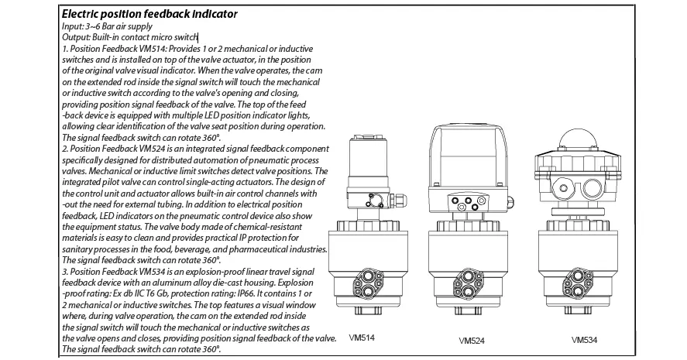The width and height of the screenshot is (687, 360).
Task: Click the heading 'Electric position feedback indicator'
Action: [149, 14]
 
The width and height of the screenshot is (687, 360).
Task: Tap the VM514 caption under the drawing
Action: [362, 338]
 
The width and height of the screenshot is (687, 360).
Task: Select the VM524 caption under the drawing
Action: [472, 341]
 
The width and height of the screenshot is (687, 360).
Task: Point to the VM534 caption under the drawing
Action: [584, 340]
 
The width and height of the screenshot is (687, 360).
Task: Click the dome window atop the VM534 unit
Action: [578, 139]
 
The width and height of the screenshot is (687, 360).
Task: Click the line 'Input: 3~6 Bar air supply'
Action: [107, 26]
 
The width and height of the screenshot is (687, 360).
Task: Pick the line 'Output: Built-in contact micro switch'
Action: [129, 37]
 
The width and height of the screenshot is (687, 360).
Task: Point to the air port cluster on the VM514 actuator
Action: [367, 283]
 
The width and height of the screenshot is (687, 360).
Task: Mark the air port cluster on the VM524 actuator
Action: [468, 284]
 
